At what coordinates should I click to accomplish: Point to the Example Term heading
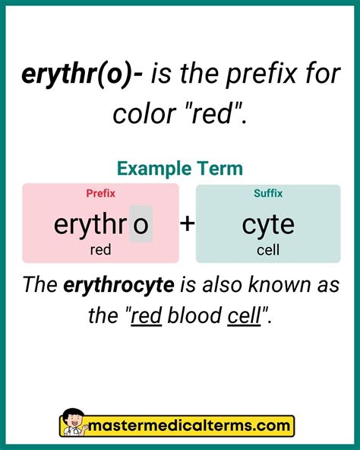tap(180, 168)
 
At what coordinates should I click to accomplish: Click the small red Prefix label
tap(100, 194)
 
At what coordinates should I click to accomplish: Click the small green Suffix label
tap(268, 194)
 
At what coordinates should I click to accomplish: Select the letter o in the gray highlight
tap(141, 225)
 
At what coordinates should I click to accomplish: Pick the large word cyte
tap(268, 225)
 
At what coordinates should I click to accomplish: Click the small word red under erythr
tap(100, 249)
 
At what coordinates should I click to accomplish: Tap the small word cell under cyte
tap(268, 249)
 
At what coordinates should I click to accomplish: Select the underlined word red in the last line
tap(146, 315)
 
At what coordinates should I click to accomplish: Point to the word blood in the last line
tap(194, 315)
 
